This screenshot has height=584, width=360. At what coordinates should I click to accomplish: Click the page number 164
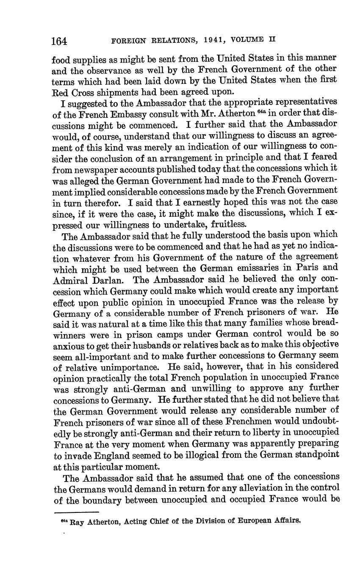tap(59, 41)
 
